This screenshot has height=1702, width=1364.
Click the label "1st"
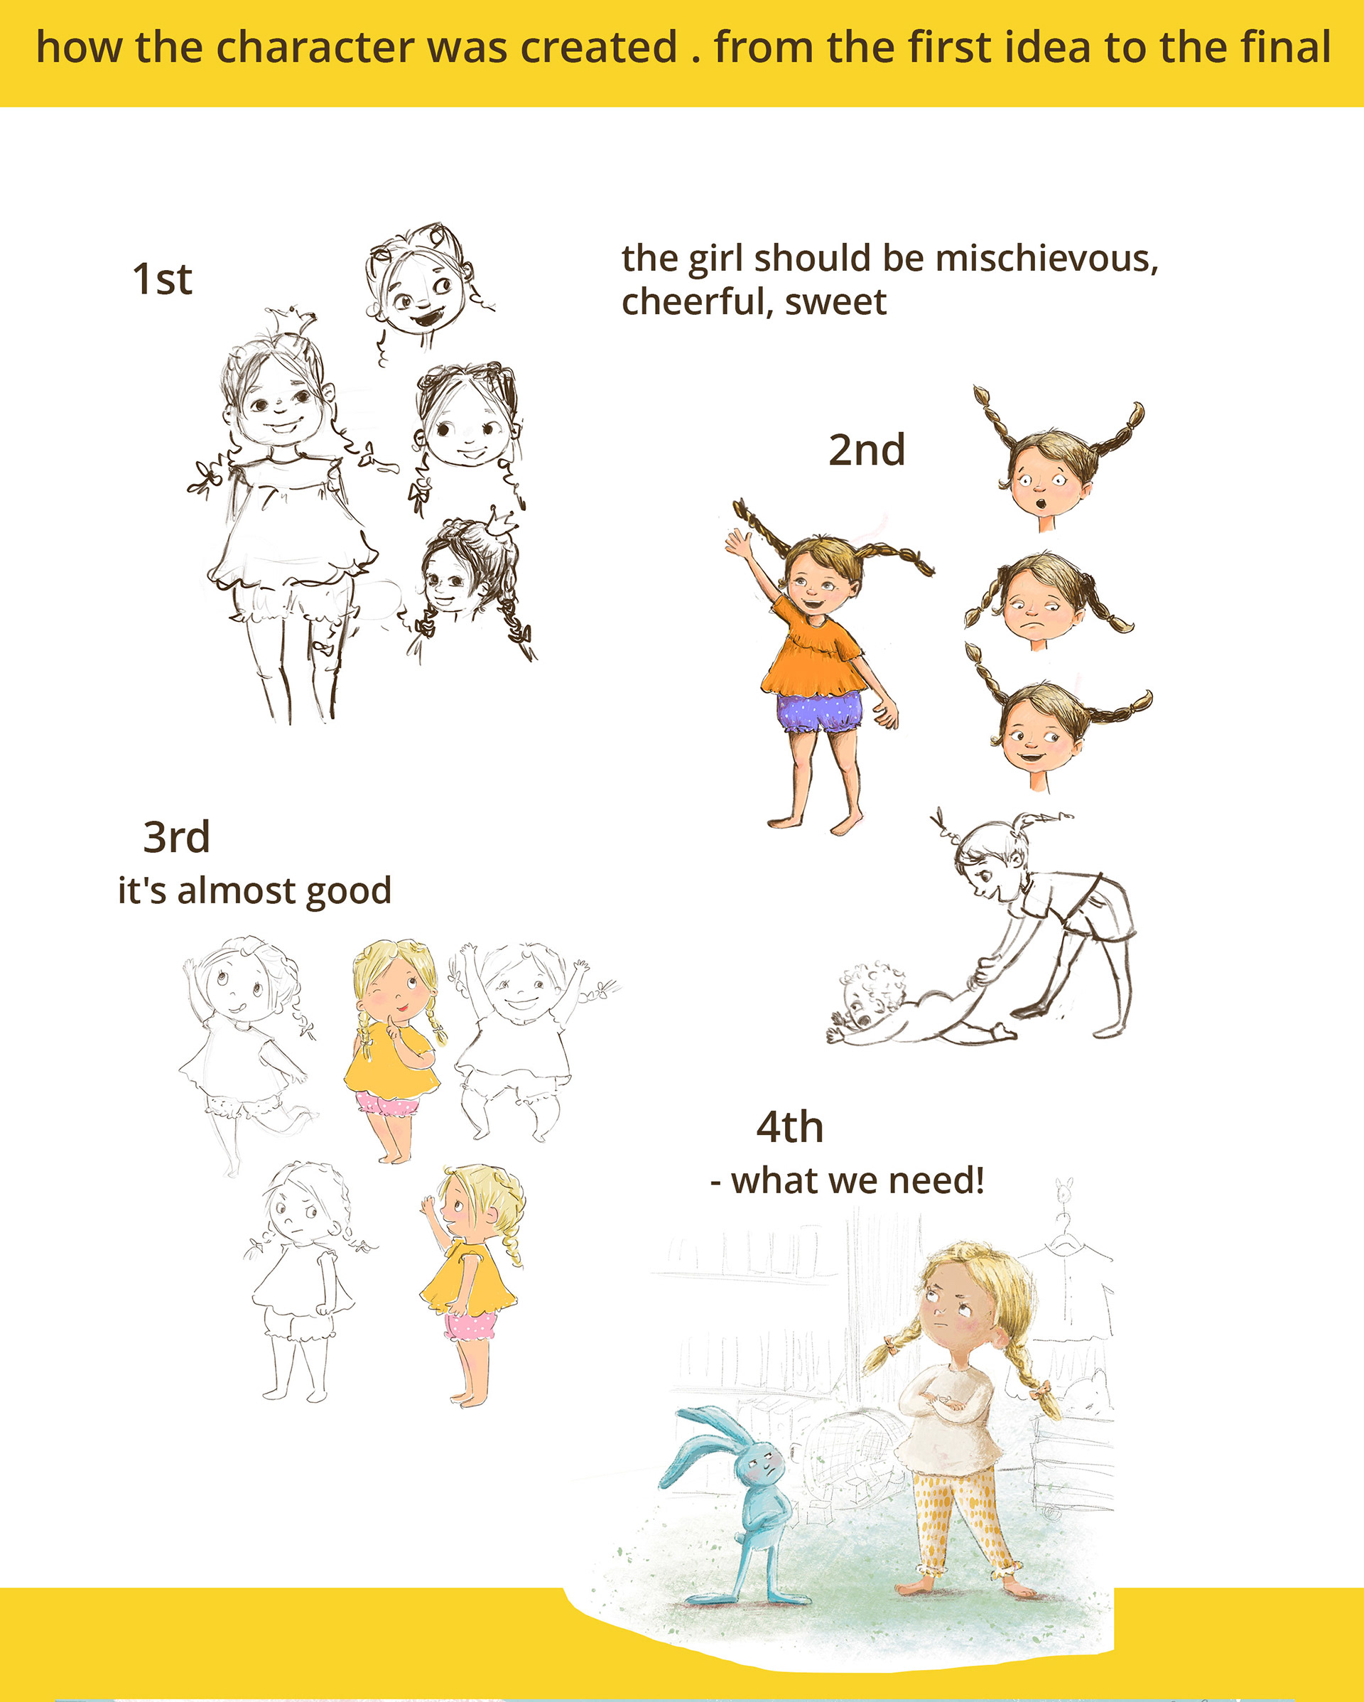point(162,279)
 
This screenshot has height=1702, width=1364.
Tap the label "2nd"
point(866,450)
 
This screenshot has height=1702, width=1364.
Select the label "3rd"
point(176,837)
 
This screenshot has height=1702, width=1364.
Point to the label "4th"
point(789,1127)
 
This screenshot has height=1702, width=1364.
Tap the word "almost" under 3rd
point(235,890)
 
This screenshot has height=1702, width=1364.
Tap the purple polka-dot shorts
point(819,712)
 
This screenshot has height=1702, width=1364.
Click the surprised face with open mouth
point(1044,478)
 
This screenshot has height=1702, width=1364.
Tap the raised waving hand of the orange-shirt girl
point(739,544)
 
